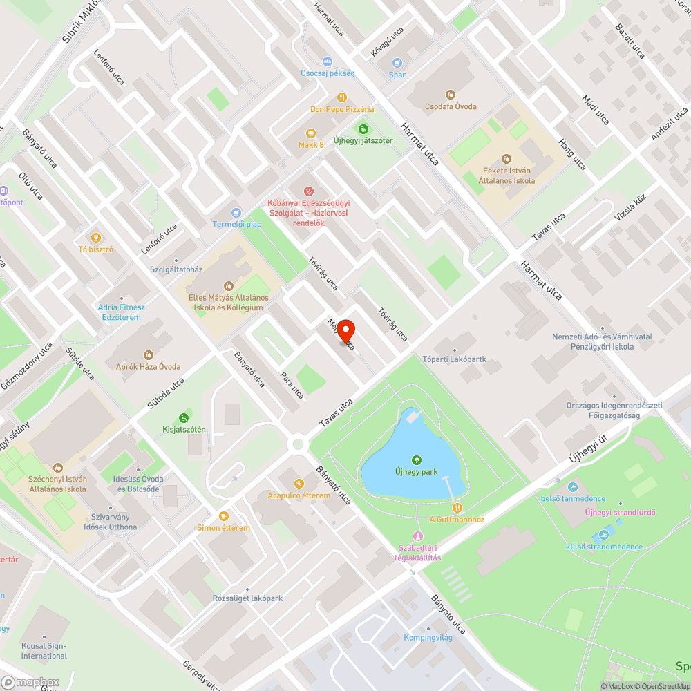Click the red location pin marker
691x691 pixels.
click(x=345, y=330)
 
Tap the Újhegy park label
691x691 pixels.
click(x=416, y=472)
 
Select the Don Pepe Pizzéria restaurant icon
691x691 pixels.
click(x=341, y=97)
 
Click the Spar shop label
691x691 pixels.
click(x=397, y=75)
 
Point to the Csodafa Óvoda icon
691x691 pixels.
click(x=451, y=95)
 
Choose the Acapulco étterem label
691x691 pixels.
click(x=299, y=495)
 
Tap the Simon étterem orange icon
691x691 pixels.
click(x=223, y=515)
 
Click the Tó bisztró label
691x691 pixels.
click(x=96, y=249)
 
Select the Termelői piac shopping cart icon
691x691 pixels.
click(x=236, y=212)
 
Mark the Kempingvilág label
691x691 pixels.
click(x=428, y=637)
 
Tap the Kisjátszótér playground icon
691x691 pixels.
click(x=183, y=417)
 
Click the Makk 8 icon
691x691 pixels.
click(x=311, y=133)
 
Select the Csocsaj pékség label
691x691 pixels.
click(x=328, y=73)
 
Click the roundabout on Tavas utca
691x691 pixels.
click(x=299, y=444)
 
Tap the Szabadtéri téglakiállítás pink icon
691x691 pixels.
click(x=417, y=536)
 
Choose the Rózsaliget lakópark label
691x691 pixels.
click(x=247, y=598)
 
